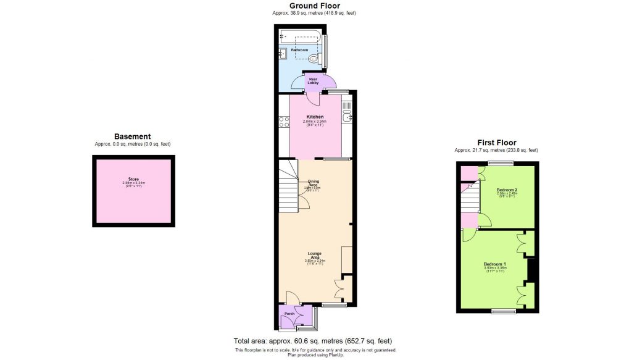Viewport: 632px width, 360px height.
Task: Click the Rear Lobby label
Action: point(313,81)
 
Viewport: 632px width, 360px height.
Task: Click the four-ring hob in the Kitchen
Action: point(284,122)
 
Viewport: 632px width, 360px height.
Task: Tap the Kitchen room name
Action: point(315,117)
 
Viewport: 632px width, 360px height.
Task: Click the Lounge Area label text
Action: point(315,254)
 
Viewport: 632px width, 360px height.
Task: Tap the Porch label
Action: point(288,314)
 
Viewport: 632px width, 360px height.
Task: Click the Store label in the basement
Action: point(133,179)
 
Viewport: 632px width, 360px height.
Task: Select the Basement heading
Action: point(132,136)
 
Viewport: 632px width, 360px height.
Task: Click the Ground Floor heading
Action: point(315,6)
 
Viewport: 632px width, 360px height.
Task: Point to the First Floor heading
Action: point(496,143)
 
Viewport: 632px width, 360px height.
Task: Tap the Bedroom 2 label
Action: point(507,189)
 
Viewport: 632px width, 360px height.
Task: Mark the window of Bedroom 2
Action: point(499,163)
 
